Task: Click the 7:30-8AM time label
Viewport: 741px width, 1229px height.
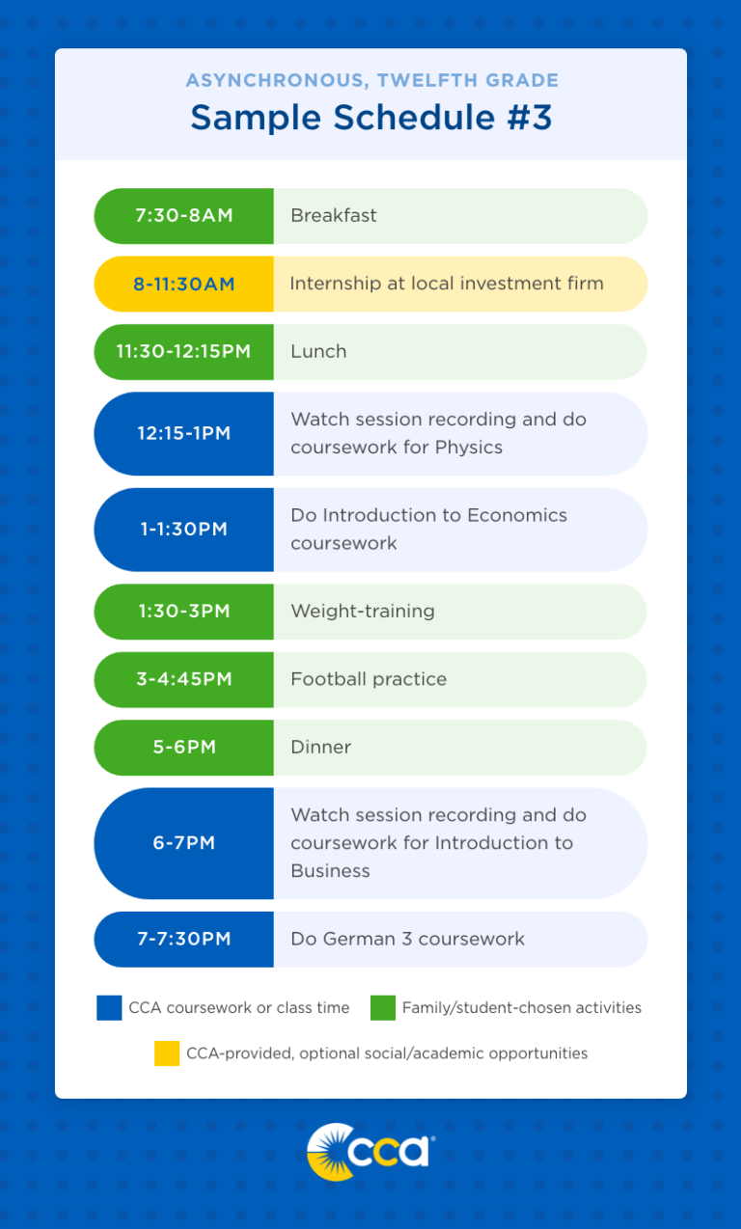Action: (x=184, y=215)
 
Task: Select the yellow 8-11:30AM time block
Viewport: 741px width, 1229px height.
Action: (x=184, y=284)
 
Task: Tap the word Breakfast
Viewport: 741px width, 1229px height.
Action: (x=334, y=215)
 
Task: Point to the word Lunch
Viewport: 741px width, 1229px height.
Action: (x=318, y=351)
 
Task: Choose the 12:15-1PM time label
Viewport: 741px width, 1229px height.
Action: (x=184, y=433)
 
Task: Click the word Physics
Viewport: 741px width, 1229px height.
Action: (x=468, y=448)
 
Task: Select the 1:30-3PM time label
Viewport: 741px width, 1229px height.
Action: (x=184, y=611)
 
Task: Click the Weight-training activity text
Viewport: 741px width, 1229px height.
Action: (x=363, y=611)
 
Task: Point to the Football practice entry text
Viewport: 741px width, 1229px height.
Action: (x=369, y=679)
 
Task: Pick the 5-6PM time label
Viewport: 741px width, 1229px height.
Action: (x=184, y=747)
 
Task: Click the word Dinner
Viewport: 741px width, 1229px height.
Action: (x=321, y=747)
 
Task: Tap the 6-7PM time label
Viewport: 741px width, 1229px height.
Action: (x=184, y=843)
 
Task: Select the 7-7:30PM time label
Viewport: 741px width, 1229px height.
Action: (x=184, y=939)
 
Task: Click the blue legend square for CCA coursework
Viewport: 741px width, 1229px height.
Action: (x=109, y=1008)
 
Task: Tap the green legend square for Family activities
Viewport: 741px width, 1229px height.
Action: (x=383, y=1008)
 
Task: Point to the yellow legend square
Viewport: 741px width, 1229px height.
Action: (x=167, y=1053)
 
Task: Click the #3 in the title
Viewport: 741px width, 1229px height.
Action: (x=526, y=118)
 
